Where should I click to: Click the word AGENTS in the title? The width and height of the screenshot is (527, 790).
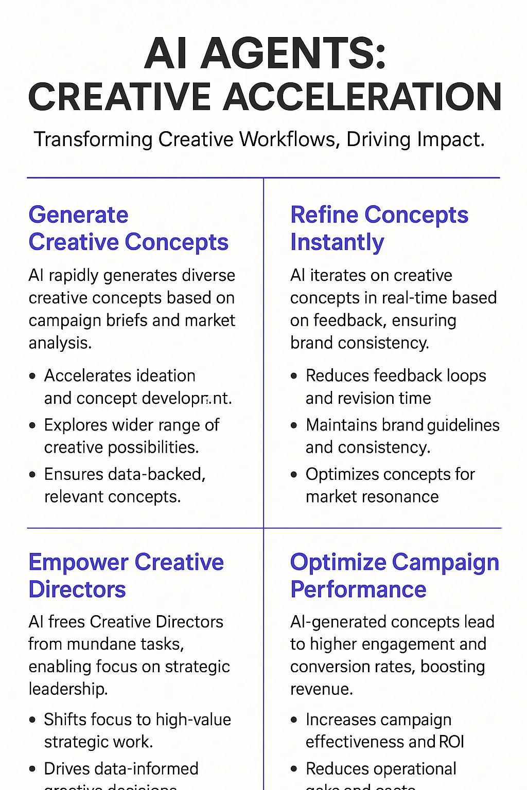tap(293, 54)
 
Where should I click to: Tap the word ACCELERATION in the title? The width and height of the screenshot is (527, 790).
tap(362, 97)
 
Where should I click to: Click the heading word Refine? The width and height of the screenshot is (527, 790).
tap(324, 215)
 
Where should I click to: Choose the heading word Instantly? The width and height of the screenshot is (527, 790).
tap(337, 242)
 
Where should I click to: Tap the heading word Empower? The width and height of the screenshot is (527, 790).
tap(77, 562)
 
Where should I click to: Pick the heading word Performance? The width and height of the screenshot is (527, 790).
tap(358, 589)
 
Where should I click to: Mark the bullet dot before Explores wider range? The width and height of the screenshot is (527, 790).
tap(32, 425)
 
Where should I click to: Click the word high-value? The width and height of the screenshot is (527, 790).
tap(194, 720)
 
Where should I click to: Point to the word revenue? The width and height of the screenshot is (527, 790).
tap(321, 689)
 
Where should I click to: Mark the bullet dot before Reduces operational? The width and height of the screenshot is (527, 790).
tap(294, 769)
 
